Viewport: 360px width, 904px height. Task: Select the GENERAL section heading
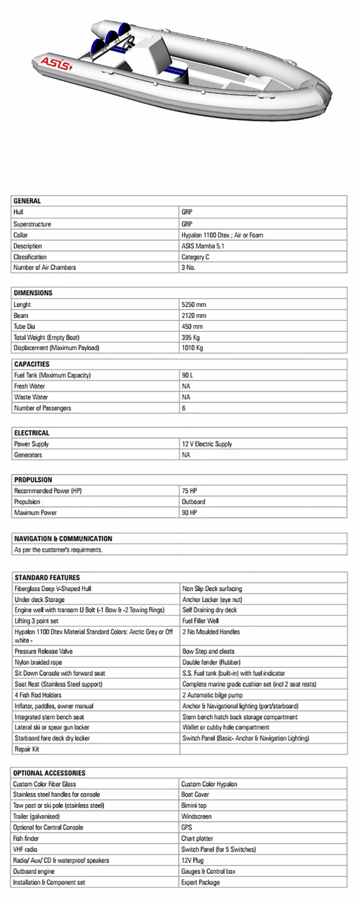[x=27, y=201]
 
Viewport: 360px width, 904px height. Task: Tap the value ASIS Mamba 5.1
[x=203, y=246]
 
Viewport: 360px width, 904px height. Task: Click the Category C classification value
[x=195, y=257]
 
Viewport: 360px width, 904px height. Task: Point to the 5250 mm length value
[x=193, y=305]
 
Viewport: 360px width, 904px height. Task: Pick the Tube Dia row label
[x=24, y=326]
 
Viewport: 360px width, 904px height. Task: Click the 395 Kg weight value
[x=190, y=337]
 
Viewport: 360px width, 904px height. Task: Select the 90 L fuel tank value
[x=187, y=375]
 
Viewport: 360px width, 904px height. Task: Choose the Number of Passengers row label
[x=43, y=408]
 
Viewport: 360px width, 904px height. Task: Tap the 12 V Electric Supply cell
[x=207, y=444]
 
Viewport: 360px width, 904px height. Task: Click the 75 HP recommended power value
[x=189, y=491]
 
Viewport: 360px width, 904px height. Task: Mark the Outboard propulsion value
[x=193, y=501]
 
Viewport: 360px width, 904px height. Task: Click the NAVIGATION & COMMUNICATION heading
[x=63, y=538]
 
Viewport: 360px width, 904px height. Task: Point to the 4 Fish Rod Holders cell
[x=38, y=695]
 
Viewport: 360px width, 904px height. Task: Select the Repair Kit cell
[x=27, y=749]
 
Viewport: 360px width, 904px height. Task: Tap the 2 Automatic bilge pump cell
[x=213, y=695]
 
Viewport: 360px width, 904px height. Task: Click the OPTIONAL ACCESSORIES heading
[x=49, y=773]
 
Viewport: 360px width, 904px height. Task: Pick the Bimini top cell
[x=194, y=805]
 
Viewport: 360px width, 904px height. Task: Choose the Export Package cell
[x=200, y=882]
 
